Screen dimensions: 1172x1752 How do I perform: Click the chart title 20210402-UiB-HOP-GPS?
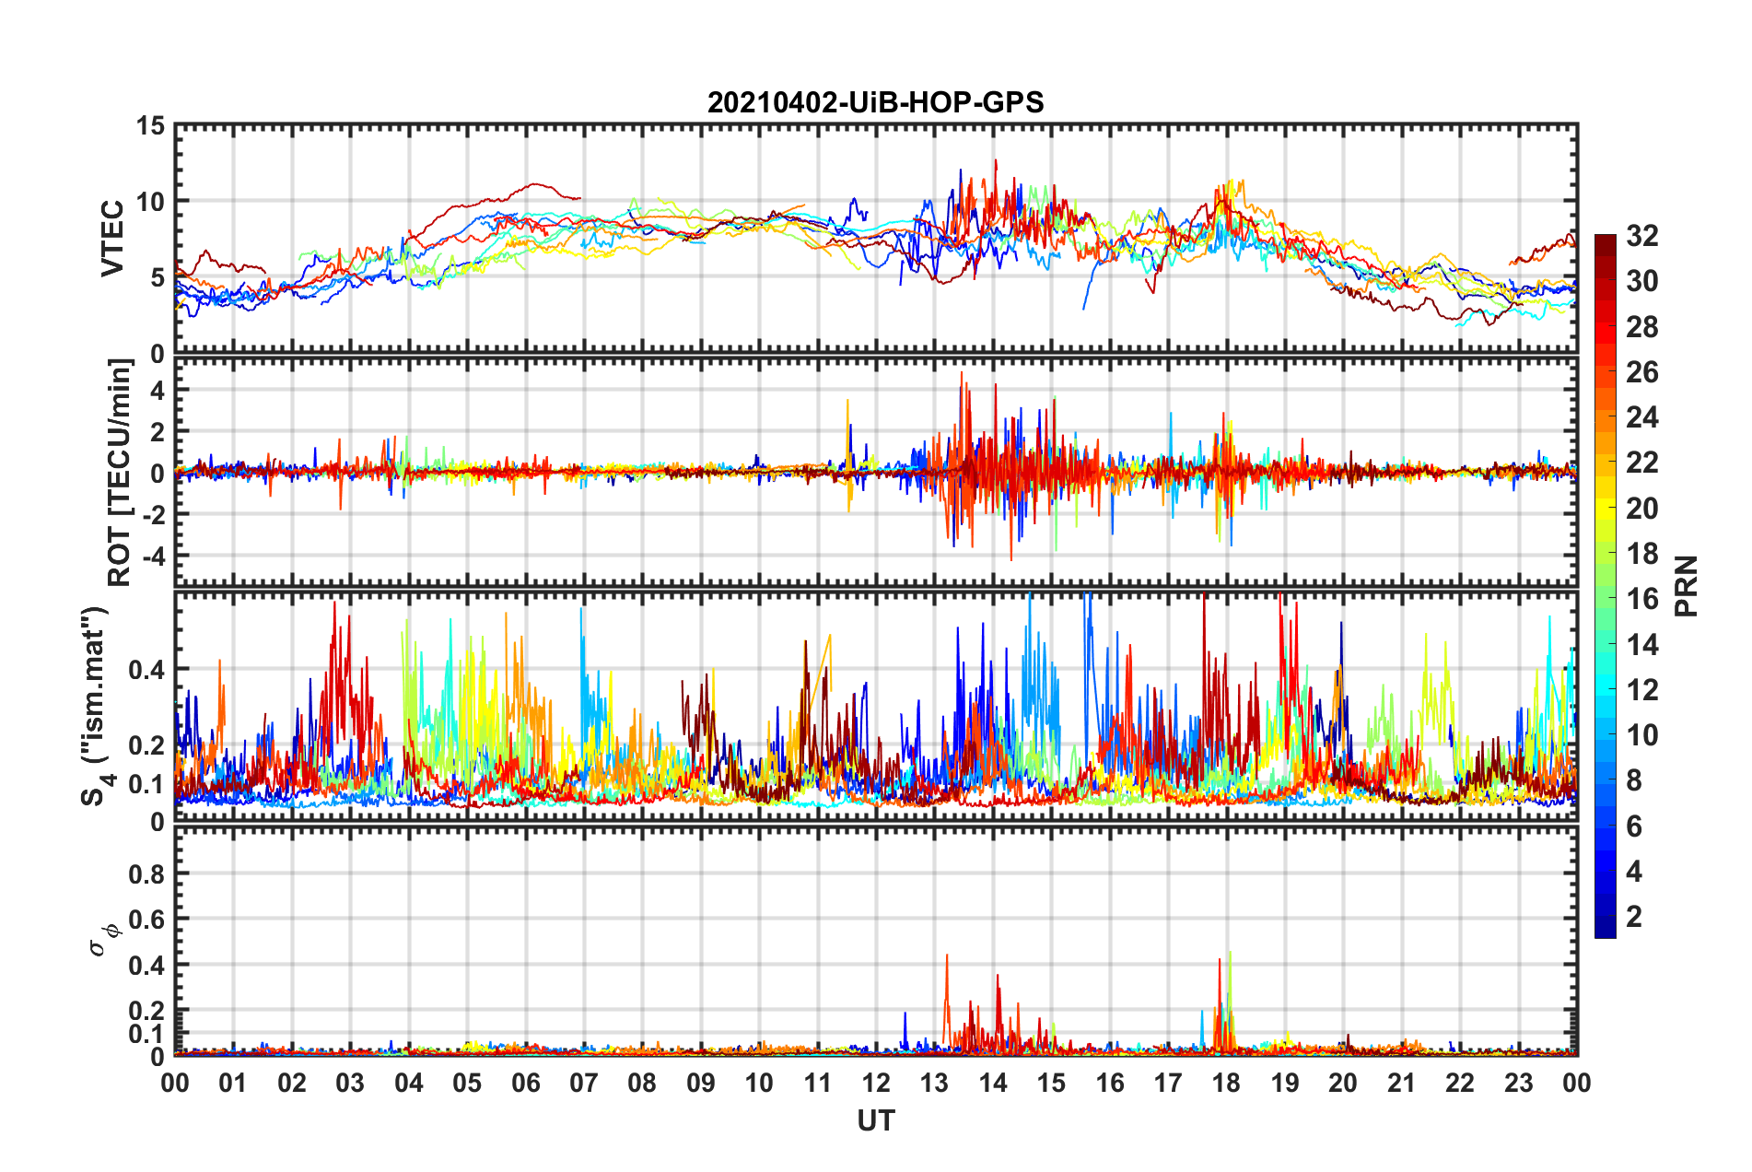(875, 102)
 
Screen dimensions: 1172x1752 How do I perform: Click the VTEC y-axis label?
(112, 238)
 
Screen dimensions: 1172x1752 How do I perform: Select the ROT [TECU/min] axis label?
(120, 473)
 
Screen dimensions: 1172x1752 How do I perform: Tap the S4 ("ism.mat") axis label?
(96, 706)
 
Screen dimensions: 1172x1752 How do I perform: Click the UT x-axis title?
(875, 1120)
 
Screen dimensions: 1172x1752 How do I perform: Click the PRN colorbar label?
(1686, 586)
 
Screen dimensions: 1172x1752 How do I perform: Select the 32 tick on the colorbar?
(1641, 236)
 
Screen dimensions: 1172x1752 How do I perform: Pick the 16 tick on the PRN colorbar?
(1641, 599)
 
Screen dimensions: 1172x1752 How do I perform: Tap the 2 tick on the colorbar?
(1634, 916)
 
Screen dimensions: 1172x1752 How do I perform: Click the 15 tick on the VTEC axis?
(150, 125)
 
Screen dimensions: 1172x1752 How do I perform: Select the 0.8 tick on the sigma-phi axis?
(147, 873)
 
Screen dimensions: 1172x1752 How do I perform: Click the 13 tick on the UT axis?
(934, 1083)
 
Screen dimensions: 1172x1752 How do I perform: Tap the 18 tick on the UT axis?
(1226, 1083)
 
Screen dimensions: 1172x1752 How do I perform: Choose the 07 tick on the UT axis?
(584, 1083)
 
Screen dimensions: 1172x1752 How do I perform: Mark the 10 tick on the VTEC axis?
(150, 202)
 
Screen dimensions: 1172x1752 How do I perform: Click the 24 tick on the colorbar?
(1641, 417)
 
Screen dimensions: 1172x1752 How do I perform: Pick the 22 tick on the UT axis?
(1460, 1083)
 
